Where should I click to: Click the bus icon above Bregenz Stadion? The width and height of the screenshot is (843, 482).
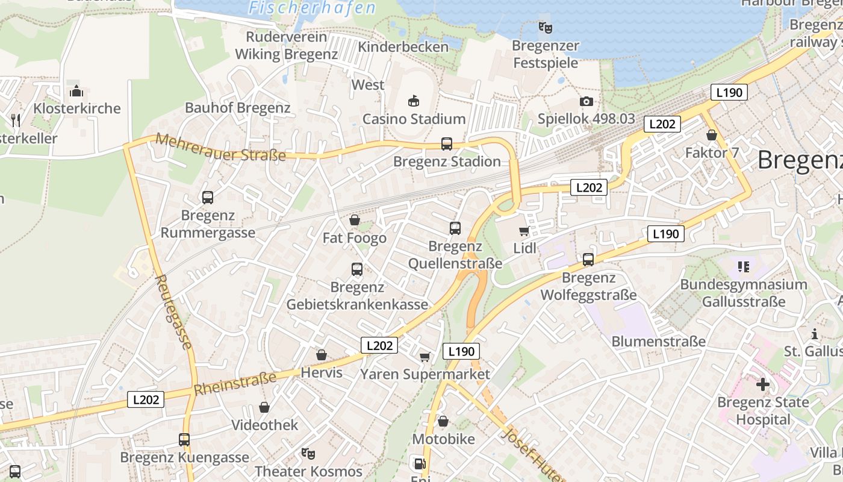(446, 144)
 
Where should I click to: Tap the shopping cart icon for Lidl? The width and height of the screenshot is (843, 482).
(524, 231)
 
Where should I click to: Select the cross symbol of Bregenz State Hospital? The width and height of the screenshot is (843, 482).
(763, 383)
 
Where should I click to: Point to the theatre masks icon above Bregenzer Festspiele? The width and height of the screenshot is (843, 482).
(546, 27)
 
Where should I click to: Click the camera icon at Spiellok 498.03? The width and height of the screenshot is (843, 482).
(586, 102)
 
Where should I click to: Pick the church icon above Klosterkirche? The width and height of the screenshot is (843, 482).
(76, 91)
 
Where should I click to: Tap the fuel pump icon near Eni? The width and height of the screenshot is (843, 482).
(418, 464)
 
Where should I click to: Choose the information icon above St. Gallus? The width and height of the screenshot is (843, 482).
(815, 334)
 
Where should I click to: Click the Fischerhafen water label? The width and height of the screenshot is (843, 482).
(312, 8)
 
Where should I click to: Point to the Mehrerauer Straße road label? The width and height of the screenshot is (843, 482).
(221, 147)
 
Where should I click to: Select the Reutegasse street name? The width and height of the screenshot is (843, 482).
(175, 312)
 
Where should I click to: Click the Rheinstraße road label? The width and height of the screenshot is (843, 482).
(235, 383)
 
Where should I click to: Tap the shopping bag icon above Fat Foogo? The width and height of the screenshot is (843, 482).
(355, 221)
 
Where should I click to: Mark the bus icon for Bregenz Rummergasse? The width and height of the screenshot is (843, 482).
(208, 198)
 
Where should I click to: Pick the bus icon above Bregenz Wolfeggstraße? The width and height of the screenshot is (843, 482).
(588, 260)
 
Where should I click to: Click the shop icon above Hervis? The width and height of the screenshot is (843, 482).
(322, 355)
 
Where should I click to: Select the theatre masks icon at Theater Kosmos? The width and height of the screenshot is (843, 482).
(308, 453)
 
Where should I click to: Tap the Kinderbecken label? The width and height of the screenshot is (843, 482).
(403, 46)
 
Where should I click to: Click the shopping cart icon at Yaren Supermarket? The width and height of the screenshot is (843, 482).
(425, 357)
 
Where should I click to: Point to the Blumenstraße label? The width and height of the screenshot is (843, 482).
(658, 342)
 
